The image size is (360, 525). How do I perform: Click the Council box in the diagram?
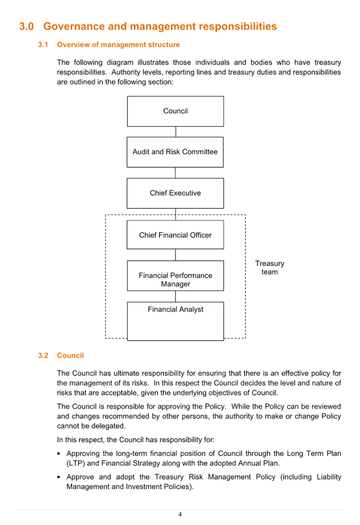176,111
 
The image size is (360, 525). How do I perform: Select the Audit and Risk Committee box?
175,152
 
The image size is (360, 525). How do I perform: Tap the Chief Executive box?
176,193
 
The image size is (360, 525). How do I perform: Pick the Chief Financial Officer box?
176,235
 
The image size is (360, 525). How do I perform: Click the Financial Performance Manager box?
176,276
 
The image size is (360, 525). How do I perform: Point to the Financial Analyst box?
176,322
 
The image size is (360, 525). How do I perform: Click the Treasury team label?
270,268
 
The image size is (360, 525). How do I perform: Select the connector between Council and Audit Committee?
176,132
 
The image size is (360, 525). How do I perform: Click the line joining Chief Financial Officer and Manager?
176,255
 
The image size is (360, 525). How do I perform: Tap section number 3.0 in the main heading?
27,26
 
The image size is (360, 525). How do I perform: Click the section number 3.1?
43,44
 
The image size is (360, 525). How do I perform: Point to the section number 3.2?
43,355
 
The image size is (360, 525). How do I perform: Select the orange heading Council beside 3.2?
70,355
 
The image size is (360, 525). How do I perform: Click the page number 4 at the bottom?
180,515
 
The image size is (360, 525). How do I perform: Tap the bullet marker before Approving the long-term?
59,454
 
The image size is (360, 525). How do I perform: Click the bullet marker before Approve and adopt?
59,477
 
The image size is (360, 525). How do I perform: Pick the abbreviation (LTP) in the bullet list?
76,463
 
